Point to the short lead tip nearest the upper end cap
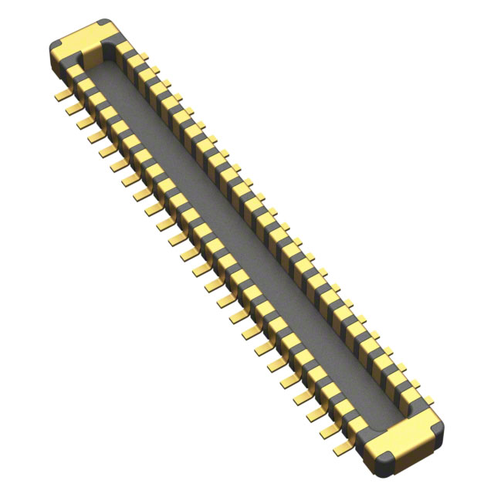(x=154, y=69)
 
